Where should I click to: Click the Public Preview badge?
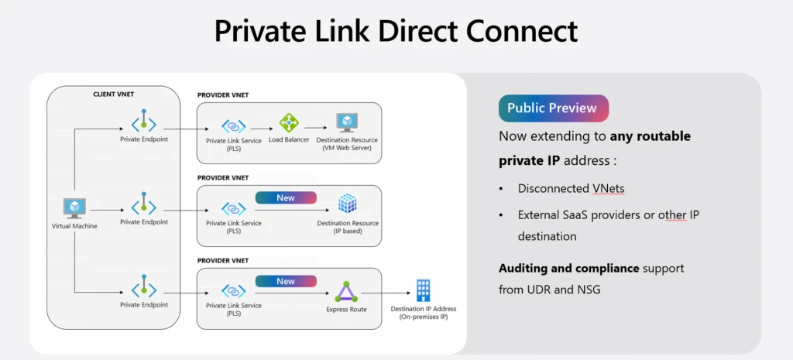tap(553, 108)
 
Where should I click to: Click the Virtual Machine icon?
tap(74, 207)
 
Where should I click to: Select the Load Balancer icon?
tap(289, 123)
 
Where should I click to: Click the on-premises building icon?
tap(424, 290)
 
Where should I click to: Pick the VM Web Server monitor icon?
tap(346, 122)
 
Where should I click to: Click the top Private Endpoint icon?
tap(144, 122)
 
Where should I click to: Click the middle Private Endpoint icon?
tap(144, 205)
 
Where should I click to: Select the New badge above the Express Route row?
tap(286, 281)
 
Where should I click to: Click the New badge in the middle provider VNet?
tap(286, 197)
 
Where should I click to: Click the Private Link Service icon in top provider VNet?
tap(233, 125)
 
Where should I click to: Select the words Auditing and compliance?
tap(569, 268)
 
